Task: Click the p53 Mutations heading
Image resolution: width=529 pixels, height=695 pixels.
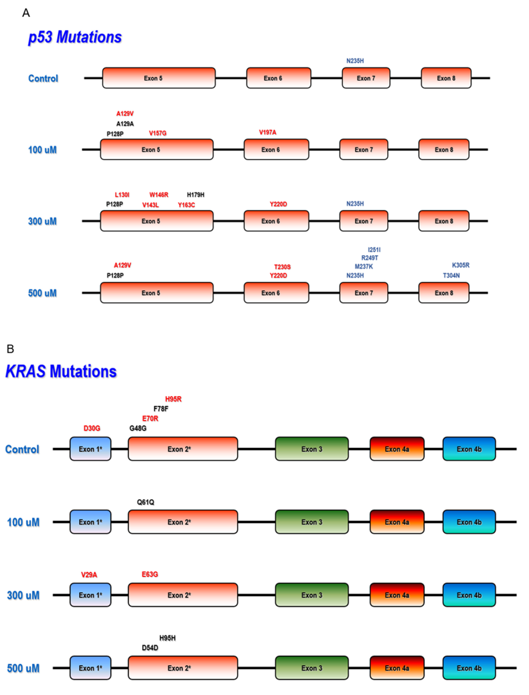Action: (x=75, y=37)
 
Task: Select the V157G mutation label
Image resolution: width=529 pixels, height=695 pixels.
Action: (x=157, y=133)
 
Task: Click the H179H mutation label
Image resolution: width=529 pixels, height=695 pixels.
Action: (x=196, y=195)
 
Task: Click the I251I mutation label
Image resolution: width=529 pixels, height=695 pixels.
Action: (x=374, y=250)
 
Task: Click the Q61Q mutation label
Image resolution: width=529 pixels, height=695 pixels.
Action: (x=146, y=502)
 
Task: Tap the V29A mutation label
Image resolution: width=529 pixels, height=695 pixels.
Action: (x=89, y=575)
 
